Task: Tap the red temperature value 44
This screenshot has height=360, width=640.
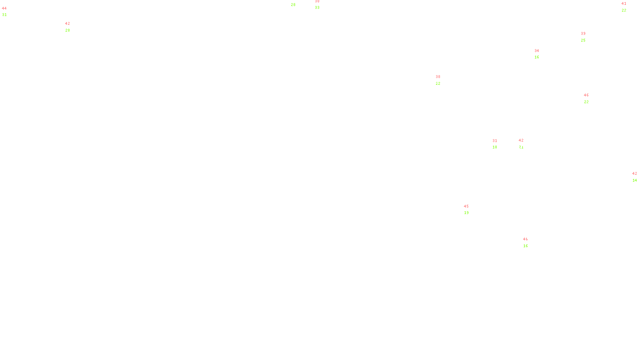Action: pyautogui.click(x=4, y=8)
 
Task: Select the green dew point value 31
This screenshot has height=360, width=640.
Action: pyautogui.click(x=4, y=15)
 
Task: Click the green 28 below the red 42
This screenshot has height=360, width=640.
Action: pyautogui.click(x=68, y=30)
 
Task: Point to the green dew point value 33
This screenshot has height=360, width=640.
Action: pyautogui.click(x=317, y=8)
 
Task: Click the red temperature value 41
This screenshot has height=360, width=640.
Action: pyautogui.click(x=624, y=4)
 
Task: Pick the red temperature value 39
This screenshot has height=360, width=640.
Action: pyautogui.click(x=583, y=34)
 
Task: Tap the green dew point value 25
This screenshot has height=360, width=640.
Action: pyautogui.click(x=583, y=40)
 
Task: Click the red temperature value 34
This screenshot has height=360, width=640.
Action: pyautogui.click(x=537, y=51)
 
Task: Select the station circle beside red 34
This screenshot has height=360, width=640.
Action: pyautogui.click(x=541, y=54)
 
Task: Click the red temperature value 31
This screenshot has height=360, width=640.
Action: pyautogui.click(x=495, y=141)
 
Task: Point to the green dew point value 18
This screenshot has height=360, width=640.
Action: pyautogui.click(x=495, y=147)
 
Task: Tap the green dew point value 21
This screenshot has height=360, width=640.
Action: pyautogui.click(x=521, y=147)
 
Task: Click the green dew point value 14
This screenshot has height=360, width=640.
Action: pyautogui.click(x=635, y=180)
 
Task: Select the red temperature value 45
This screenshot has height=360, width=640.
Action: pyautogui.click(x=466, y=206)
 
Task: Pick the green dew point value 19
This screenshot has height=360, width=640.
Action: pyautogui.click(x=466, y=213)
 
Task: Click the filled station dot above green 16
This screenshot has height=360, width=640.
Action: pyautogui.click(x=530, y=242)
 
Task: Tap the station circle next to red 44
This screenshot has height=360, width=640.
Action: pyautogui.click(x=8, y=12)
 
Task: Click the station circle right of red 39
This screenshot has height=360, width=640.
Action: pyautogui.click(x=587, y=37)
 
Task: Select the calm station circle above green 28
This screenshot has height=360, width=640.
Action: pyautogui.click(x=297, y=2)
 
